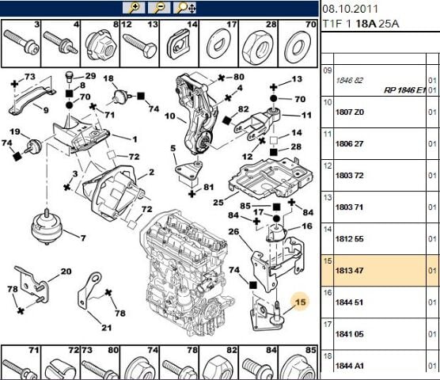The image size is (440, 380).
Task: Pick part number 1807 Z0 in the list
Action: coord(351,112)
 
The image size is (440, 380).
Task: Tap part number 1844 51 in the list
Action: coord(351,302)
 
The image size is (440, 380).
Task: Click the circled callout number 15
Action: coord(300,301)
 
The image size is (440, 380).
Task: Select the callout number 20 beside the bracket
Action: coord(65,272)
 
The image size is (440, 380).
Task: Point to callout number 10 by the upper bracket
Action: coord(169,116)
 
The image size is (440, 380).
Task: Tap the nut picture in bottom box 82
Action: coord(216,367)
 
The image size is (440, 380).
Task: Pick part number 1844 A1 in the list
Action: coord(351,365)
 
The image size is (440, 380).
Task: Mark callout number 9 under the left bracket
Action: coord(45,110)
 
